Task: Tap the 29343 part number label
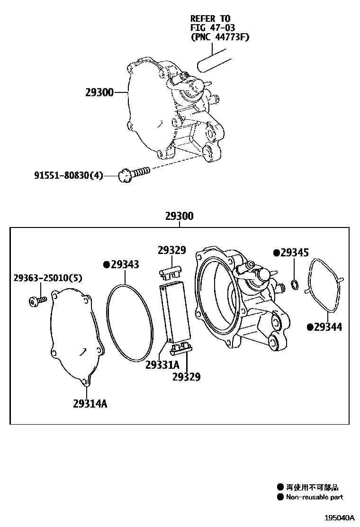[125, 264]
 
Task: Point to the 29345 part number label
[294, 253]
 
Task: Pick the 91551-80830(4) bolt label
[68, 176]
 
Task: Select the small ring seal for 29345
[294, 284]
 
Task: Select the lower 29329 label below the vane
[186, 377]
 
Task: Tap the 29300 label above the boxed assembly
[180, 216]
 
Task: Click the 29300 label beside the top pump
[99, 92]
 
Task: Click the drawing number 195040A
[339, 518]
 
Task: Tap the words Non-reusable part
[315, 497]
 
